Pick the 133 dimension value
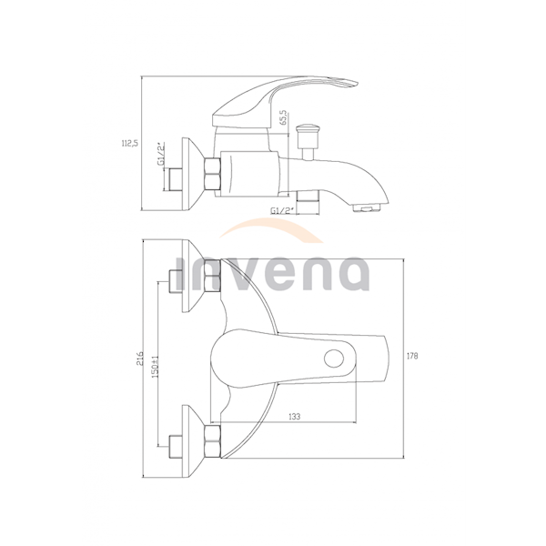point(294,416)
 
